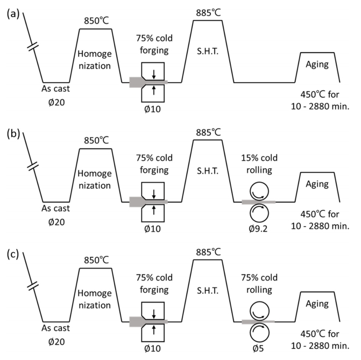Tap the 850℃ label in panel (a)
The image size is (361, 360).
coord(96,21)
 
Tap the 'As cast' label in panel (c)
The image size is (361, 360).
coord(56,325)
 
